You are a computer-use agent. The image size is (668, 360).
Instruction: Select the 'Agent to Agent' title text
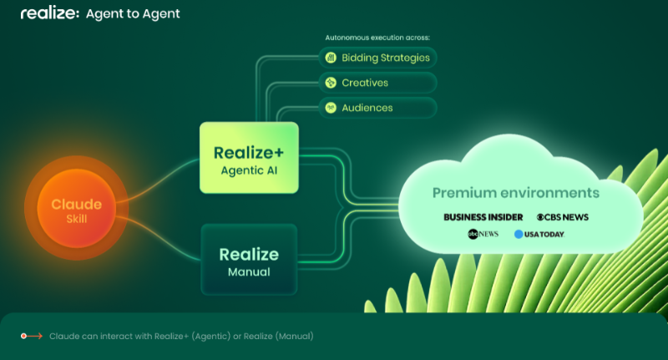tap(133, 14)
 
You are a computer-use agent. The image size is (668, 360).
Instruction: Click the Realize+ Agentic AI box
tap(249, 158)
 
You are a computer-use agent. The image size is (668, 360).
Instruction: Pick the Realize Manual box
tap(249, 260)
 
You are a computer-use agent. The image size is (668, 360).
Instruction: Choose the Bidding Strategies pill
tap(378, 58)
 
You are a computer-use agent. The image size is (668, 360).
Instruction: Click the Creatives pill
tap(378, 83)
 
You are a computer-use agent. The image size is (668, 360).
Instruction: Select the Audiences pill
tap(378, 108)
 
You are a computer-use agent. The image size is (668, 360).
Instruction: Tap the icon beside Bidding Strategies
tap(330, 58)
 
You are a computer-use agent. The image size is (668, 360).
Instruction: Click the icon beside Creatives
tap(330, 83)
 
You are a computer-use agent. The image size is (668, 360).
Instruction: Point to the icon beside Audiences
tap(330, 108)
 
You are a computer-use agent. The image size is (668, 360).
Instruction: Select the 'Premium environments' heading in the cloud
tap(516, 193)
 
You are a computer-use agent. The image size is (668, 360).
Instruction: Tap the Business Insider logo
tap(484, 217)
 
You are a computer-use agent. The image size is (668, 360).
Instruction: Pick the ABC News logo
tap(483, 234)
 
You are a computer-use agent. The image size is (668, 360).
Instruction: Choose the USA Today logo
tap(539, 234)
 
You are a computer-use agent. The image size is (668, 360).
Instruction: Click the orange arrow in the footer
tap(31, 336)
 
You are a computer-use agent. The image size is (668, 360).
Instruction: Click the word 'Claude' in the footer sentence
tap(64, 336)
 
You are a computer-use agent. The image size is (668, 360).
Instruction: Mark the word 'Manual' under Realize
tap(248, 272)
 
